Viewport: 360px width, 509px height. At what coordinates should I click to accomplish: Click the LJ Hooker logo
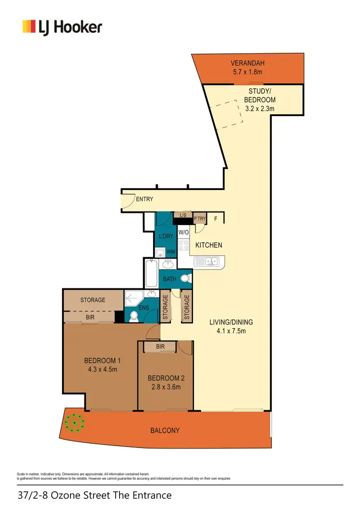tap(62, 26)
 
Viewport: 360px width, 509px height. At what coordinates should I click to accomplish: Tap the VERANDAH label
tap(248, 63)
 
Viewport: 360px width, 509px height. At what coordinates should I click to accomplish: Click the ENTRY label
tap(144, 199)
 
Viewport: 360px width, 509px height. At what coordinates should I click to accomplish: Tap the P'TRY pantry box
tap(200, 219)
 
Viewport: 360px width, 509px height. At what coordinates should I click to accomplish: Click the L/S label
tap(183, 215)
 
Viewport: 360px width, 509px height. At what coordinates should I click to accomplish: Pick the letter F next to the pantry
tap(216, 219)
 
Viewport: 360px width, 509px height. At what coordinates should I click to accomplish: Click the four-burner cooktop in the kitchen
tap(183, 246)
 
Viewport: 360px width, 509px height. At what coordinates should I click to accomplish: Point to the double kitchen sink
tap(209, 261)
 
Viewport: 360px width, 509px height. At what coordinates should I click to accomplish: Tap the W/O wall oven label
tap(183, 233)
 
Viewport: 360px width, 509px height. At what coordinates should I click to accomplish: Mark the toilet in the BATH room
tap(185, 278)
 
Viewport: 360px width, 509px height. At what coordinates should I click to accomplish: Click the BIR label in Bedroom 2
tap(160, 347)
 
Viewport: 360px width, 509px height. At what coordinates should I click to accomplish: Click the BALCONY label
tap(166, 430)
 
